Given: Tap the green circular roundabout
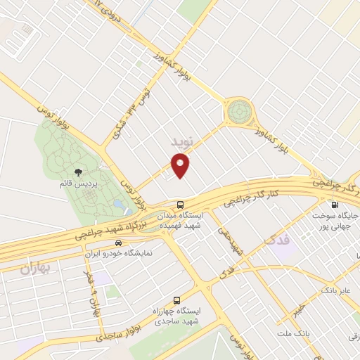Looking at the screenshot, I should [238, 112].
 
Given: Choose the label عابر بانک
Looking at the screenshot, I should [335, 289].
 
